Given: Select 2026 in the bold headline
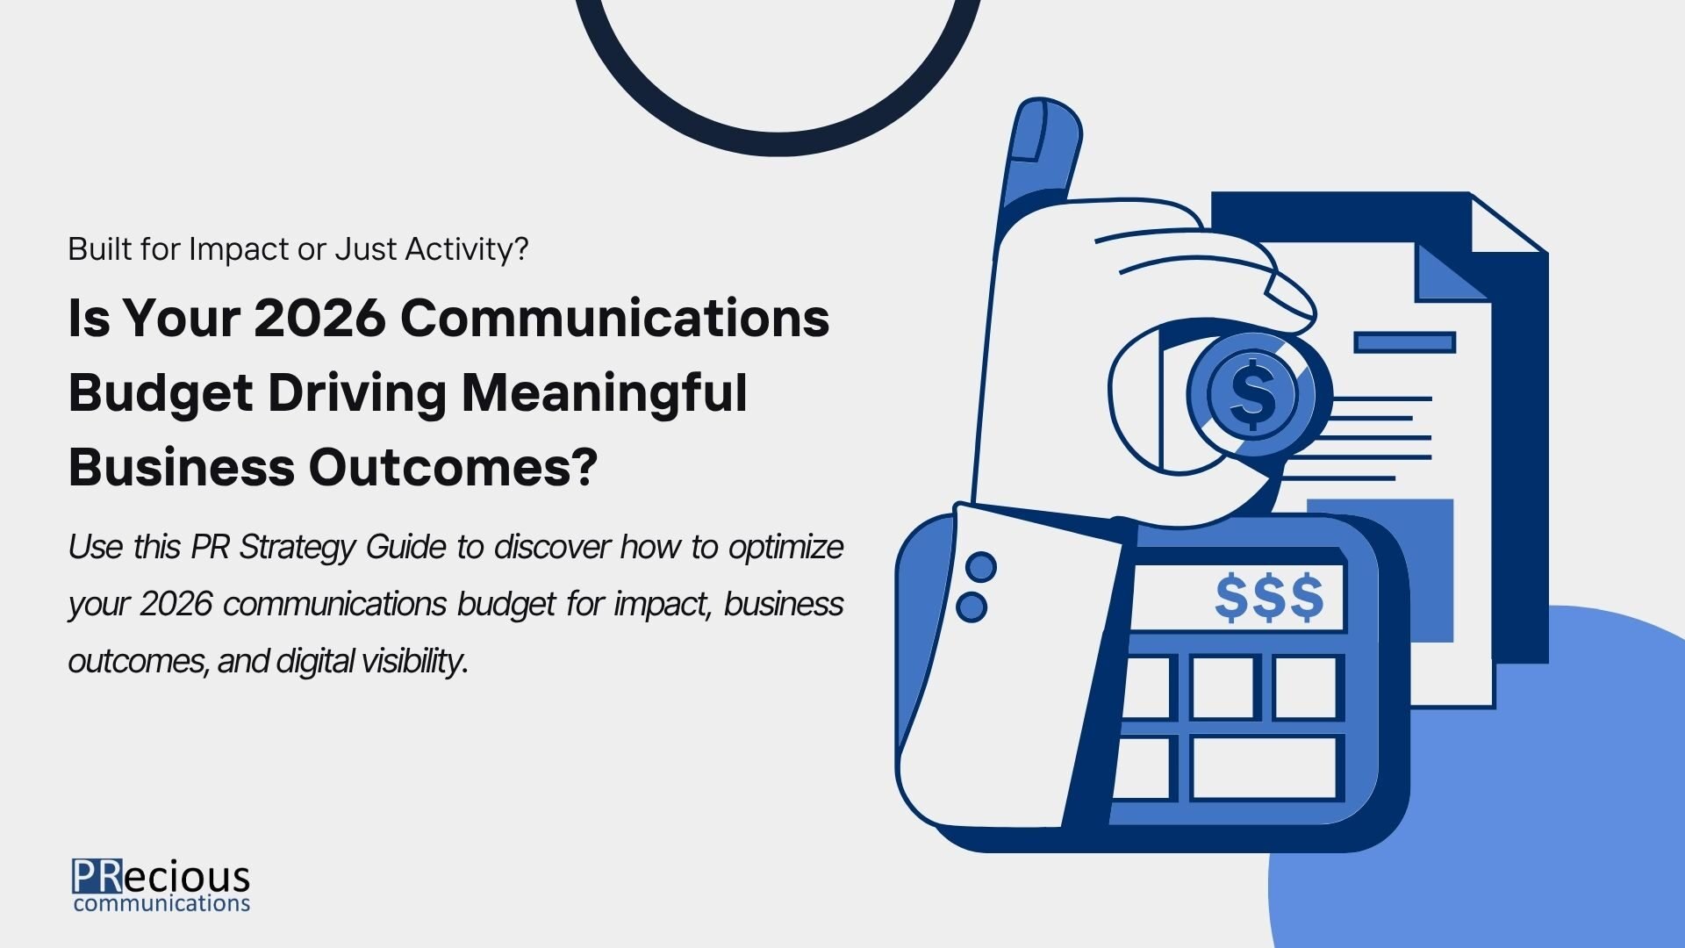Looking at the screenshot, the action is (x=319, y=318).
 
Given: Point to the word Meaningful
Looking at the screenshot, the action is (x=605, y=394).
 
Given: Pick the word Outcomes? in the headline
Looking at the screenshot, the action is (x=453, y=467).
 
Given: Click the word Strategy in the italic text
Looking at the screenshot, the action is (x=298, y=548).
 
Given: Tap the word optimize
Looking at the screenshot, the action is (x=785, y=548).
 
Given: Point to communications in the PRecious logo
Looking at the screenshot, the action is (x=162, y=904).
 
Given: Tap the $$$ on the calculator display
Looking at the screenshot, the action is (x=1269, y=598).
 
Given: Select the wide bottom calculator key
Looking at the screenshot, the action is (x=1264, y=768).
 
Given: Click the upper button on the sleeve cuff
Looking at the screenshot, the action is (x=981, y=567).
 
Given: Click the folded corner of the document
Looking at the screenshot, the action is (x=1452, y=271).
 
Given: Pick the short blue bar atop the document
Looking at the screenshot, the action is (x=1405, y=342).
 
